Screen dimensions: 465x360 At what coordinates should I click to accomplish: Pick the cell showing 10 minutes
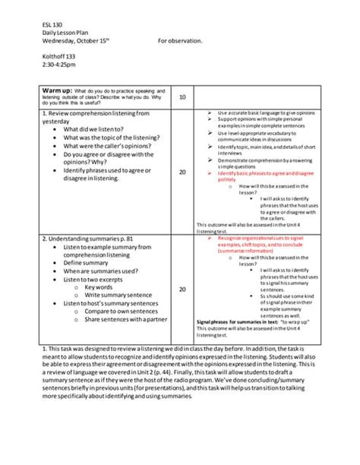[x=182, y=97]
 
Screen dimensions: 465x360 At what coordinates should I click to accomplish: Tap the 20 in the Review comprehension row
[x=182, y=172]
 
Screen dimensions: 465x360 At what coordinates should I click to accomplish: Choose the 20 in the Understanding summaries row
[x=182, y=289]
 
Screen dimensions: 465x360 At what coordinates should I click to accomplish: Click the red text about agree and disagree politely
[x=255, y=176]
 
